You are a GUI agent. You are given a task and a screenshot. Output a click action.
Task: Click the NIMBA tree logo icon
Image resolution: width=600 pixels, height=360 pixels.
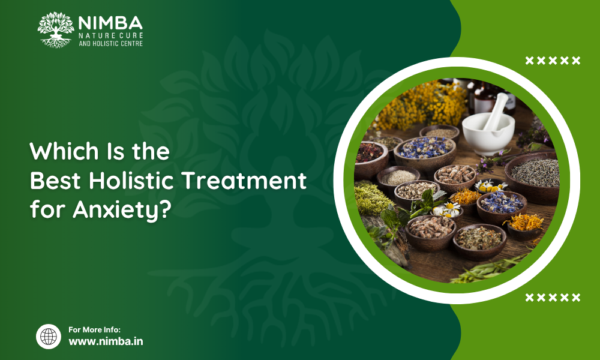click(56, 30)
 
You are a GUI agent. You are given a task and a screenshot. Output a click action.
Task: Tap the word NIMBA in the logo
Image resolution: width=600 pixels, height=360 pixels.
click(110, 23)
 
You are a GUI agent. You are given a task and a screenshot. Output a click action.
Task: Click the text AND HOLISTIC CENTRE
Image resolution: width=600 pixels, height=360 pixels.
click(110, 44)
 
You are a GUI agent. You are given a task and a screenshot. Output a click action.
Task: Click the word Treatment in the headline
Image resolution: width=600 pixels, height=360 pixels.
click(244, 181)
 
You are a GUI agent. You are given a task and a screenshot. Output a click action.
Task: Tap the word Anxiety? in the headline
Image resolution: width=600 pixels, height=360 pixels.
click(122, 210)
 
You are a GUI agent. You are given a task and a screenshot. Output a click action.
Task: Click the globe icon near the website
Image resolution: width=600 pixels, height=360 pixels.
click(49, 337)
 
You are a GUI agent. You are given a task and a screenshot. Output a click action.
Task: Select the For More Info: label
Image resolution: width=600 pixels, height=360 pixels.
click(95, 330)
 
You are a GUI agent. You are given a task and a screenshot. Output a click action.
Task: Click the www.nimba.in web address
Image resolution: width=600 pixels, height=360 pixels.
click(106, 341)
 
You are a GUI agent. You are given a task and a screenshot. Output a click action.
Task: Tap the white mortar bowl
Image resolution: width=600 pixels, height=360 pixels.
click(488, 134)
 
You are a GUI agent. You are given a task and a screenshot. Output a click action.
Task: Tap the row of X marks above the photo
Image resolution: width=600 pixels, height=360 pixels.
click(553, 61)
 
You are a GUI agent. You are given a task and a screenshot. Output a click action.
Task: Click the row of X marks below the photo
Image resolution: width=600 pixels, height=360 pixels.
click(553, 297)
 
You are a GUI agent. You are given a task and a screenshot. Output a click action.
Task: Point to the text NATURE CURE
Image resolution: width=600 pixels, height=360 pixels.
click(110, 35)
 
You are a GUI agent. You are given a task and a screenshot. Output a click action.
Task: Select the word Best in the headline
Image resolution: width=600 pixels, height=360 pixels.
click(55, 181)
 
